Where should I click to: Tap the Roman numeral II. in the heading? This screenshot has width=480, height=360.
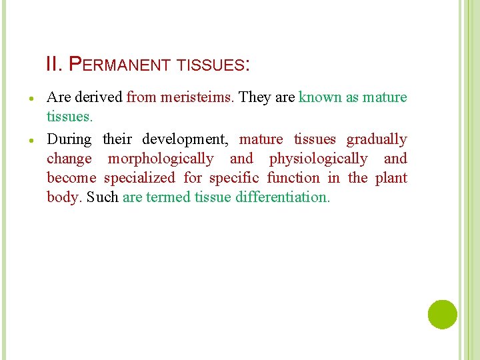54,65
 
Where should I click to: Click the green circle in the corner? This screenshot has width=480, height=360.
442,314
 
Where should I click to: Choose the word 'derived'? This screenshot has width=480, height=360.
98,97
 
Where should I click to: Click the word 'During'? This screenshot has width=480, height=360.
69,139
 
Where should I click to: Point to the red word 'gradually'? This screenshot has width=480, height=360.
377,139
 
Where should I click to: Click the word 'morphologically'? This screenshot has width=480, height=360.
161,159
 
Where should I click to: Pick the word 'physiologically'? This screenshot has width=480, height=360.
318,159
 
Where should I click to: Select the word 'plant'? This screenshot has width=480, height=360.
391,178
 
